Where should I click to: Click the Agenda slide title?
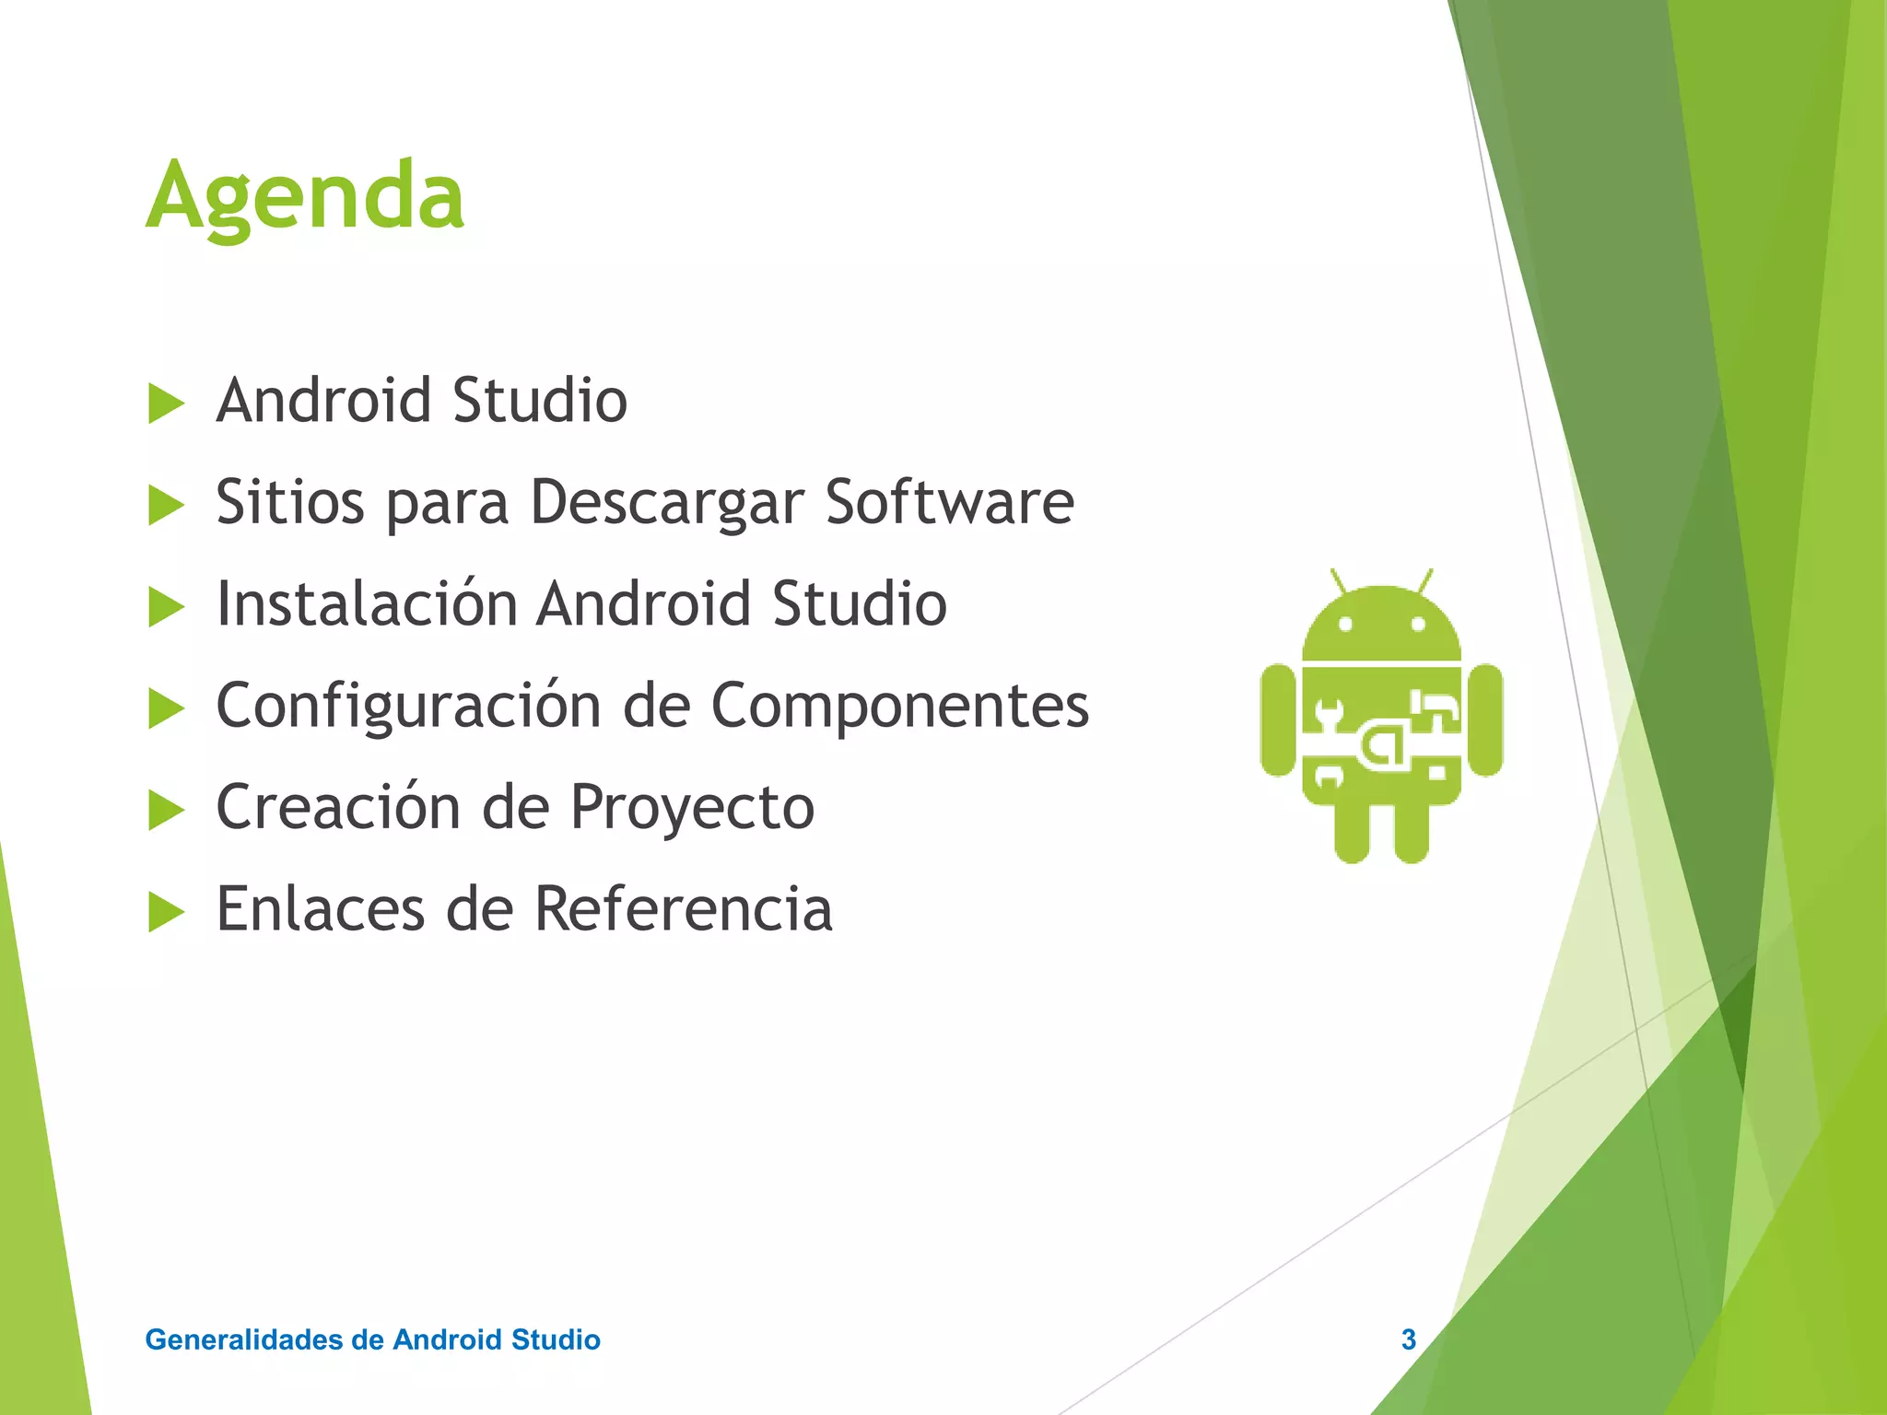pyautogui.click(x=305, y=195)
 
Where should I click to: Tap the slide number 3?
pyautogui.click(x=1408, y=1339)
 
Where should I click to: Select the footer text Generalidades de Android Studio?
pyautogui.click(x=372, y=1339)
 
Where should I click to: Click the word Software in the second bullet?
pyautogui.click(x=949, y=502)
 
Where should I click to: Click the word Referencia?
pyautogui.click(x=683, y=909)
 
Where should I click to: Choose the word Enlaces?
pyautogui.click(x=320, y=909)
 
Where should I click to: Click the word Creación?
pyautogui.click(x=337, y=807)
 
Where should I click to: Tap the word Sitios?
pyautogui.click(x=289, y=502)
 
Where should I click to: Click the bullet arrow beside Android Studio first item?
pyautogui.click(x=166, y=404)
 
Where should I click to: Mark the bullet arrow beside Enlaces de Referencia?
pyautogui.click(x=166, y=912)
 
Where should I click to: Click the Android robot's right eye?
pyautogui.click(x=1418, y=625)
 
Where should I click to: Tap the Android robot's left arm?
pyautogui.click(x=1278, y=720)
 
